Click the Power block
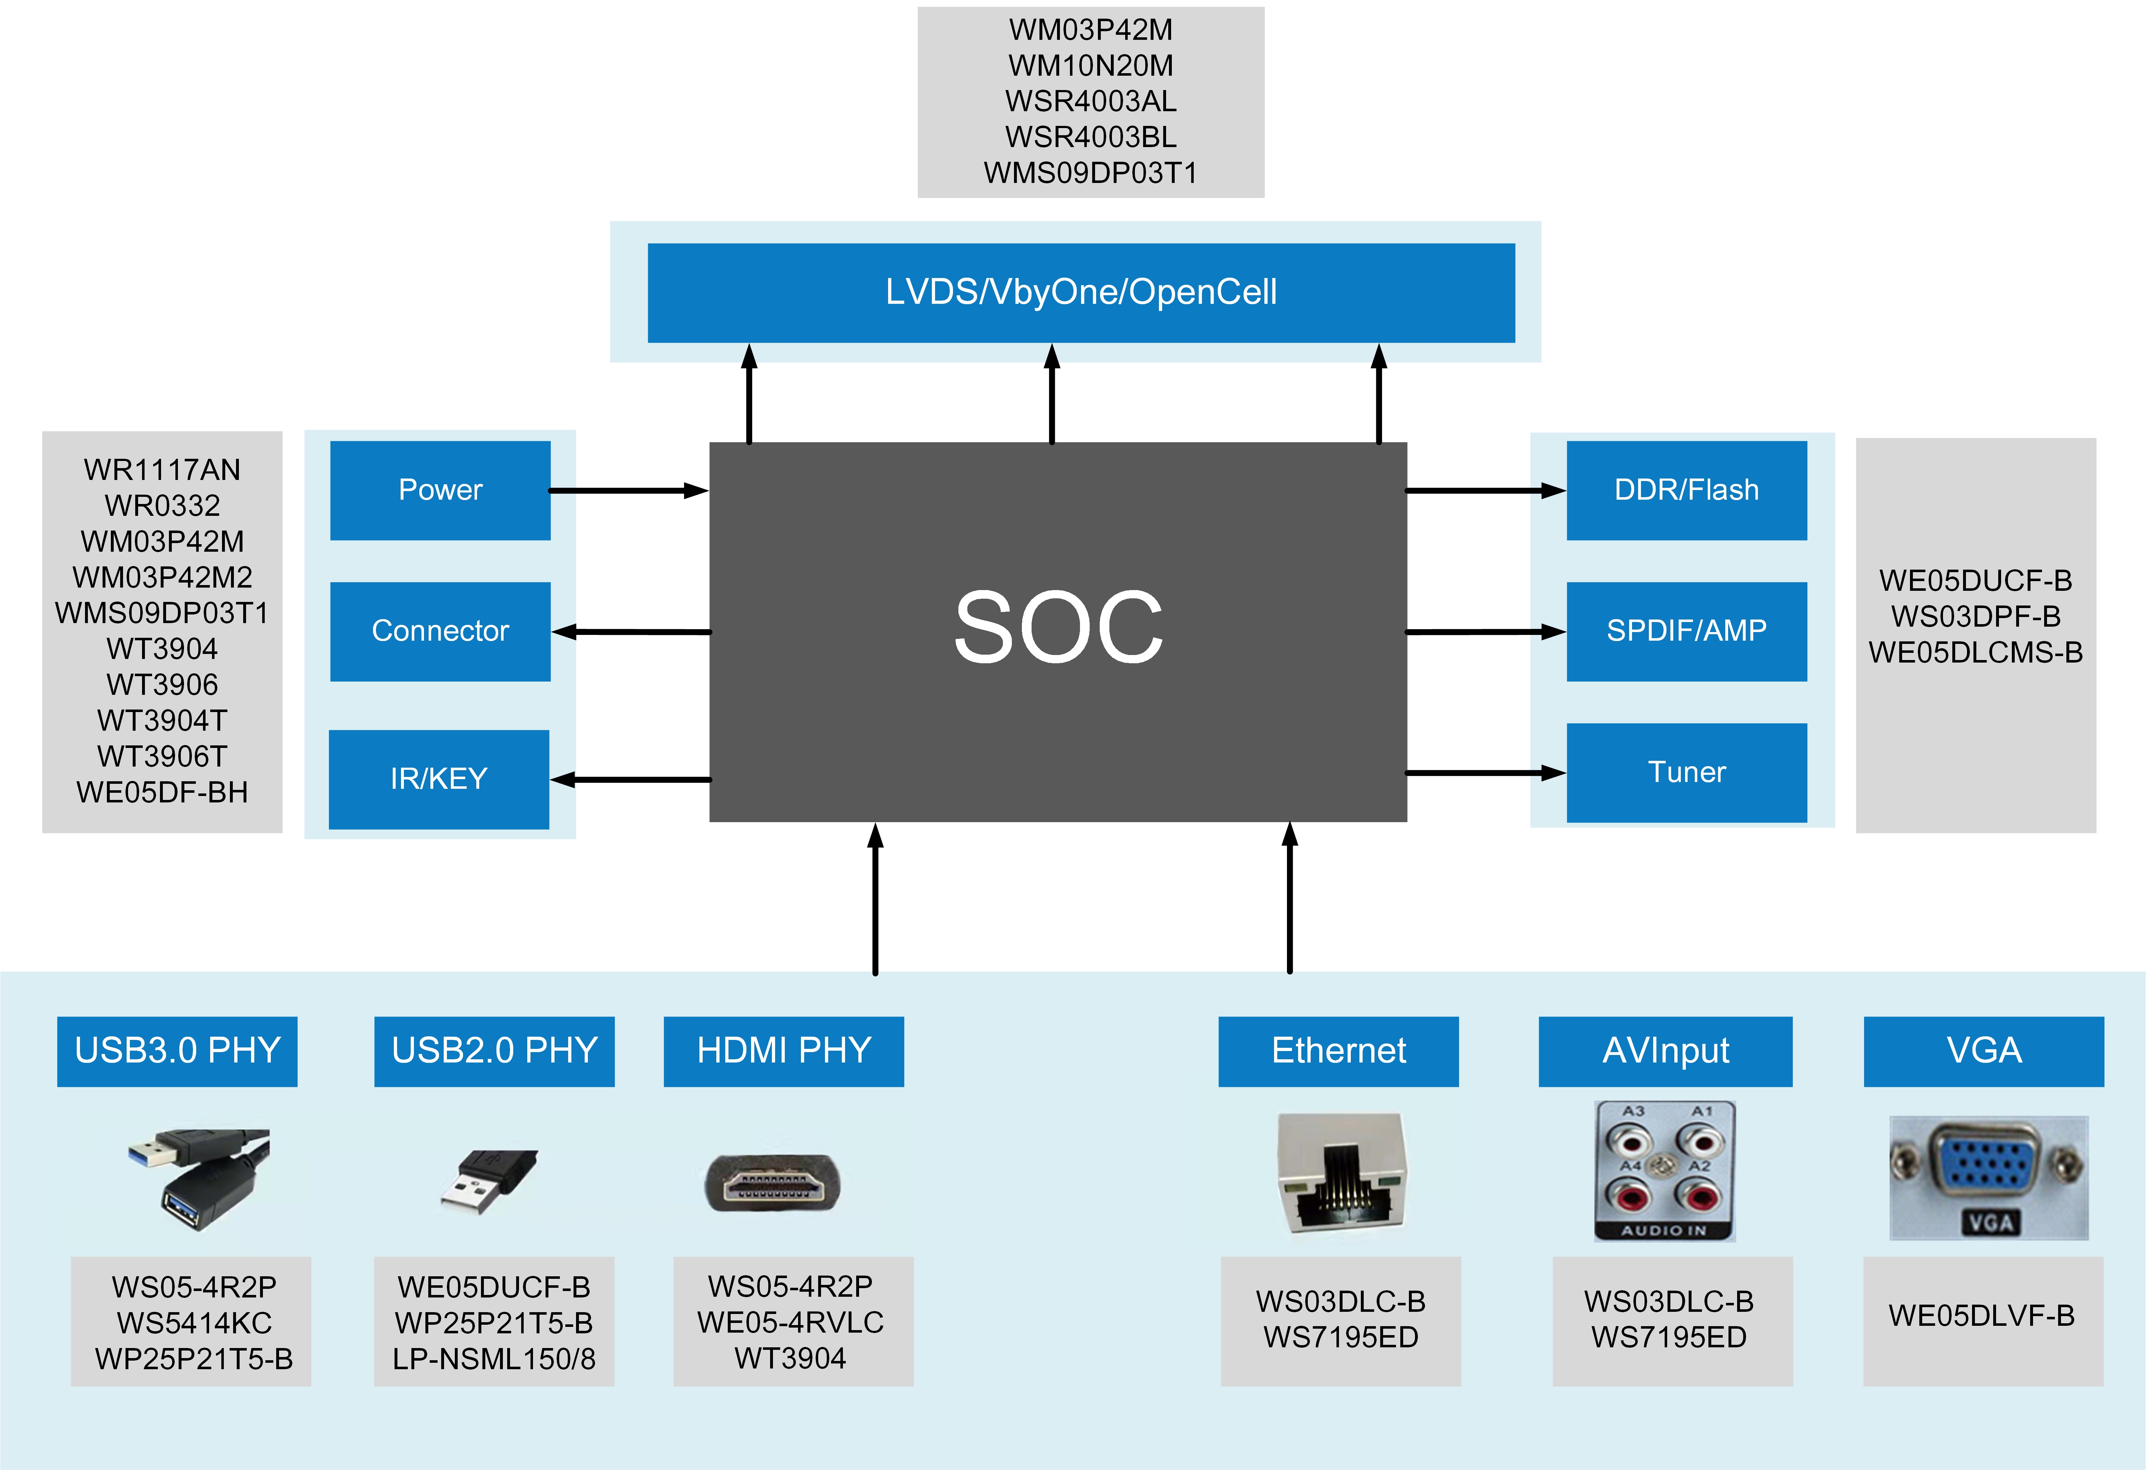pyautogui.click(x=440, y=490)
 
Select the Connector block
pyautogui.click(x=440, y=632)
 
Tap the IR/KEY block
pyautogui.click(x=439, y=779)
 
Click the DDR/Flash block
pyautogui.click(x=1686, y=490)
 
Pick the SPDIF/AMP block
pyautogui.click(x=1686, y=632)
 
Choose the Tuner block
pyautogui.click(x=1686, y=773)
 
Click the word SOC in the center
pyautogui.click(x=1058, y=629)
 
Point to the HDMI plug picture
pyautogui.click(x=773, y=1182)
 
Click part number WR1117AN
pyautogui.click(x=162, y=470)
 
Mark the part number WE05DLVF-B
pyautogui.click(x=1982, y=1316)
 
